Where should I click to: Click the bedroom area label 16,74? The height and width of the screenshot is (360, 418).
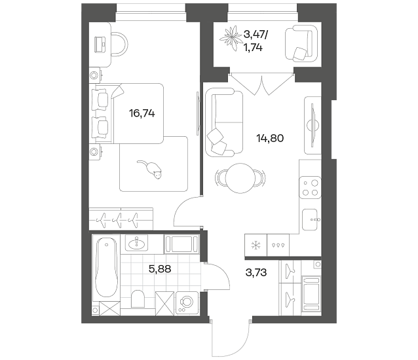pyautogui.click(x=142, y=114)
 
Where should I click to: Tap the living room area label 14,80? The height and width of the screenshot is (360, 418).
pyautogui.click(x=270, y=138)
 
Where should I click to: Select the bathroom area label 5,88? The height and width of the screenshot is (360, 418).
pyautogui.click(x=160, y=269)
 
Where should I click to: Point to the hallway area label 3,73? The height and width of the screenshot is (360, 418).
pyautogui.click(x=256, y=273)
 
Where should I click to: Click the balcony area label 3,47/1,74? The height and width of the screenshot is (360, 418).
pyautogui.click(x=254, y=41)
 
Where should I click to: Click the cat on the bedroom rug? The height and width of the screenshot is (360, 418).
pyautogui.click(x=150, y=169)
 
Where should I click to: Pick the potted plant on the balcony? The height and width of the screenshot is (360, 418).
pyautogui.click(x=230, y=38)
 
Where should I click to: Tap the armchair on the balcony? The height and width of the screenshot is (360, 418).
pyautogui.click(x=301, y=43)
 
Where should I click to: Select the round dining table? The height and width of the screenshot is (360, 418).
pyautogui.click(x=240, y=178)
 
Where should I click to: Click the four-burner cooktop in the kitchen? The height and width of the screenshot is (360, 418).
pyautogui.click(x=310, y=187)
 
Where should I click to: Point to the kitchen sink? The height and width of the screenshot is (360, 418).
pyautogui.click(x=311, y=220)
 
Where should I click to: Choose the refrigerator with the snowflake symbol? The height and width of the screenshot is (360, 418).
pyautogui.click(x=256, y=245)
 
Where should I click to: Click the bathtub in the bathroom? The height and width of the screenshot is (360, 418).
pyautogui.click(x=106, y=267)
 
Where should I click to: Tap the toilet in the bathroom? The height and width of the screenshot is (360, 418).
pyautogui.click(x=138, y=298)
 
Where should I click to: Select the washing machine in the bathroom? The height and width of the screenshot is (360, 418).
pyautogui.click(x=187, y=304)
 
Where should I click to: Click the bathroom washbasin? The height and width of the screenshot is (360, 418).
pyautogui.click(x=136, y=243)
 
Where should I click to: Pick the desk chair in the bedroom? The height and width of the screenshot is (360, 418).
pyautogui.click(x=118, y=44)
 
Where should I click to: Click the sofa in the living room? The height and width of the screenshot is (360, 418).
pyautogui.click(x=225, y=122)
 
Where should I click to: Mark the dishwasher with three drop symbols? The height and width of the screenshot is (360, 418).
pyautogui.click(x=278, y=245)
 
